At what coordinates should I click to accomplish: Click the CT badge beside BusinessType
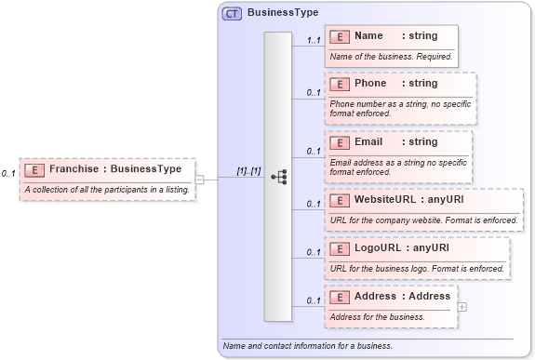click(x=232, y=13)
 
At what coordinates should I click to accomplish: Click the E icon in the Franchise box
click(x=34, y=170)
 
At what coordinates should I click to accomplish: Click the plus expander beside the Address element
click(x=462, y=306)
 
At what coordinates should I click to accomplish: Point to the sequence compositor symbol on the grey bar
click(x=278, y=177)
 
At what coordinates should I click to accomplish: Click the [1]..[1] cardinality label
click(x=248, y=171)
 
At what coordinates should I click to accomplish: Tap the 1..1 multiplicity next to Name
click(x=314, y=41)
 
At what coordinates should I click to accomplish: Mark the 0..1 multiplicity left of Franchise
click(x=8, y=174)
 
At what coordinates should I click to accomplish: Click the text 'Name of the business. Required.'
click(x=391, y=57)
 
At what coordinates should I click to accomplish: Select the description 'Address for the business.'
click(x=377, y=316)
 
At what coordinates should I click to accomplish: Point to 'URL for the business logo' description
click(x=417, y=268)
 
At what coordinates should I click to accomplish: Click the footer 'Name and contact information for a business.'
click(x=307, y=346)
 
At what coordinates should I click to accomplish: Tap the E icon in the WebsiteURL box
click(x=341, y=199)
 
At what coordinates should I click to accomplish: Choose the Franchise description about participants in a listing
click(x=107, y=190)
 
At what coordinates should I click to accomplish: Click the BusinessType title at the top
click(x=283, y=13)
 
